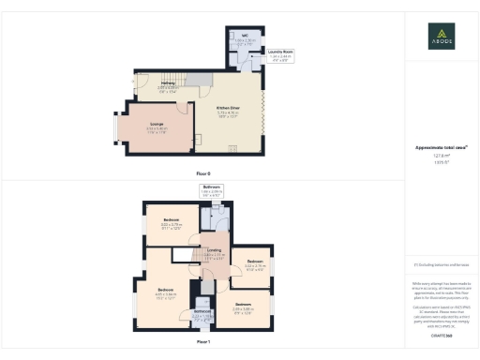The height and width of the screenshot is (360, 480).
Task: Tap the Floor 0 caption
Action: [x=203, y=174]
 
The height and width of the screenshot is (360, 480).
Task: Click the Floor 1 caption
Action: [x=203, y=341]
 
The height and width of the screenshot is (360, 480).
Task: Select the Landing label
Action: [x=215, y=250]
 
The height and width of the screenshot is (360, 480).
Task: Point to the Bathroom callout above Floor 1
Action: [x=211, y=188]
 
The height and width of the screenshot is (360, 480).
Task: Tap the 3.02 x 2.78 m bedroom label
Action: [x=255, y=264]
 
